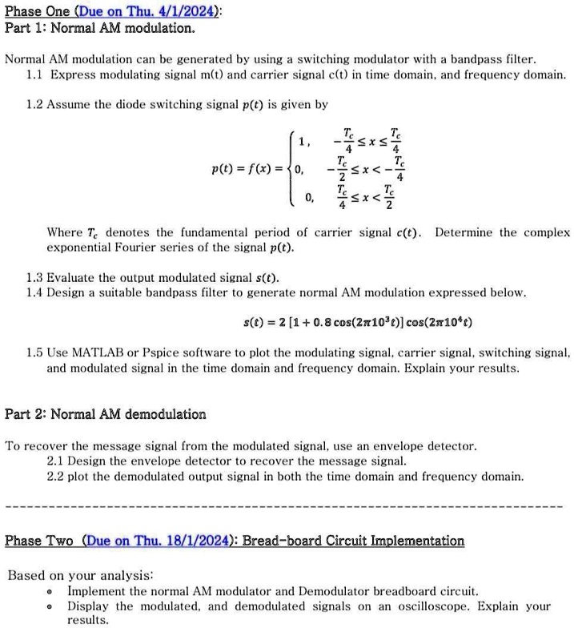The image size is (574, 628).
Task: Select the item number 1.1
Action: click(x=36, y=74)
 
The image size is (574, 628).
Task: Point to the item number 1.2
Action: click(x=36, y=105)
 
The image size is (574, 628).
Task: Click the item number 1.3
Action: click(x=36, y=278)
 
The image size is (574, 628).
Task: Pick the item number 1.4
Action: click(x=36, y=293)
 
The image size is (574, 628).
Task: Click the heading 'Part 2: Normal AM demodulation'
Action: click(x=106, y=414)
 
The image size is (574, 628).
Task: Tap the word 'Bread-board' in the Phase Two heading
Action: click(x=281, y=541)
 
